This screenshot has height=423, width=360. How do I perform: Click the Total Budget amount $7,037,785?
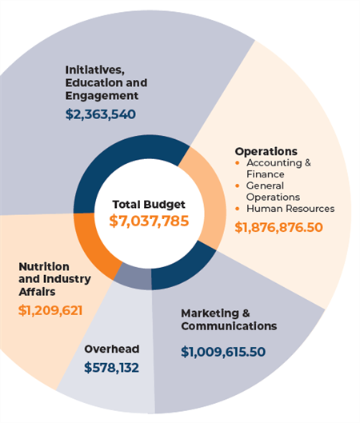(x=149, y=220)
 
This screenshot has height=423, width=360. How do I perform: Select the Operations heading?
(x=266, y=151)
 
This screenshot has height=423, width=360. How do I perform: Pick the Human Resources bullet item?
(x=290, y=209)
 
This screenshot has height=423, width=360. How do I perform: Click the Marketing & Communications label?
(x=228, y=319)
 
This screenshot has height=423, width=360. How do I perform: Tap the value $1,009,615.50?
(x=222, y=351)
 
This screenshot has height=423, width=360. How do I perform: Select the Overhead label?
(x=111, y=349)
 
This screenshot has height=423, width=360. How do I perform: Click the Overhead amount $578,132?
(x=111, y=368)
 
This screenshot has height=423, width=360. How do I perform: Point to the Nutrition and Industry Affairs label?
(x=54, y=279)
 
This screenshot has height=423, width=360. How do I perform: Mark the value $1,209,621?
(x=50, y=310)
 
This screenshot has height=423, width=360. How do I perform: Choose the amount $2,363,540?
(x=100, y=114)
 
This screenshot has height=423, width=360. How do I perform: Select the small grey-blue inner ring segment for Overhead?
(x=132, y=277)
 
